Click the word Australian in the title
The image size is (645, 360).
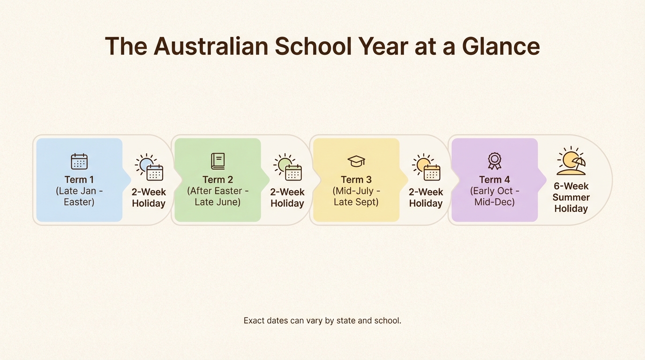(211, 46)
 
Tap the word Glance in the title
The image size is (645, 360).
(501, 46)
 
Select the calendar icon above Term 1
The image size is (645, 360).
(79, 161)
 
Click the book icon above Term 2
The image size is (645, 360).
(217, 161)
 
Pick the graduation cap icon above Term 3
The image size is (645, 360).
(356, 161)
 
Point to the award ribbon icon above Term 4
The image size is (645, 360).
(495, 161)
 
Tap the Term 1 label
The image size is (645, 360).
(79, 180)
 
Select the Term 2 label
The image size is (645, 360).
(217, 180)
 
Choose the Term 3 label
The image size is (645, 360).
(356, 180)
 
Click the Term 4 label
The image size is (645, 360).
(495, 180)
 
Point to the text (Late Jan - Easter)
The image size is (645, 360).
(79, 196)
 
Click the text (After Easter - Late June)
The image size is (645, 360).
(217, 196)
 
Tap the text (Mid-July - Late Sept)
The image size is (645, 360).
(356, 196)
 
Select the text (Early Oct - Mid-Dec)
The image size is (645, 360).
(495, 196)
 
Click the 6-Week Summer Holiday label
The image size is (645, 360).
(571, 197)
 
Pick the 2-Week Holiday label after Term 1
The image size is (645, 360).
(149, 197)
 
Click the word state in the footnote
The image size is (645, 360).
(346, 321)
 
